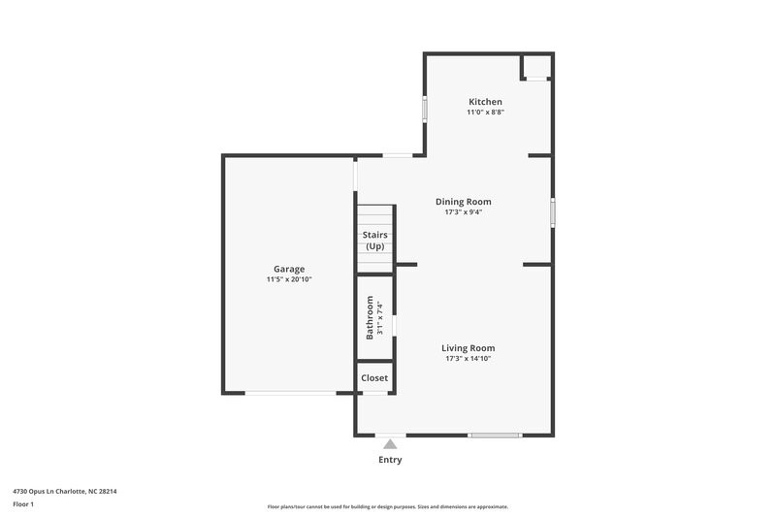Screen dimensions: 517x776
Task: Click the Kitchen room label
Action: (x=485, y=102)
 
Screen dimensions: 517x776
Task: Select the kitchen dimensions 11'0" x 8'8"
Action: (x=485, y=113)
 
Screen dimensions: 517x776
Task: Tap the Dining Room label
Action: (x=469, y=202)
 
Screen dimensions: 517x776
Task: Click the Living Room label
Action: (x=469, y=348)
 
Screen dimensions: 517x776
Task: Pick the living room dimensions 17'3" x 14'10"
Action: (x=469, y=359)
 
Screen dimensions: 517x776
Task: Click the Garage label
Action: (x=289, y=269)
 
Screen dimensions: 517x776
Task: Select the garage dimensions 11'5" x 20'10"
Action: (x=289, y=279)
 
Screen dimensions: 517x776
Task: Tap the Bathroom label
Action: (x=370, y=317)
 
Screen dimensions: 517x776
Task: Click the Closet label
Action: (x=374, y=378)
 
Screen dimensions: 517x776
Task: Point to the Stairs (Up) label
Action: (x=374, y=241)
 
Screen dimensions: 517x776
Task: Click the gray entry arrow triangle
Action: (x=390, y=444)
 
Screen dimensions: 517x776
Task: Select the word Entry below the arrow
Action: (x=390, y=460)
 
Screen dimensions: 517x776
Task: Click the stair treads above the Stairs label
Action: (x=374, y=215)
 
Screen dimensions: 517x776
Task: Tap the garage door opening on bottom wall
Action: (x=290, y=393)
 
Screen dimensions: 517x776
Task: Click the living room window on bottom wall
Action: (x=495, y=435)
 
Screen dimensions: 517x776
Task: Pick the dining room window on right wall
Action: (x=553, y=212)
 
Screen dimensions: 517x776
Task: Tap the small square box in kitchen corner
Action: (x=536, y=66)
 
